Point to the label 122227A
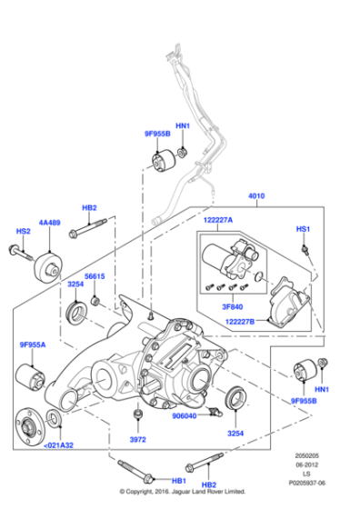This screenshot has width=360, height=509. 217,221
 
